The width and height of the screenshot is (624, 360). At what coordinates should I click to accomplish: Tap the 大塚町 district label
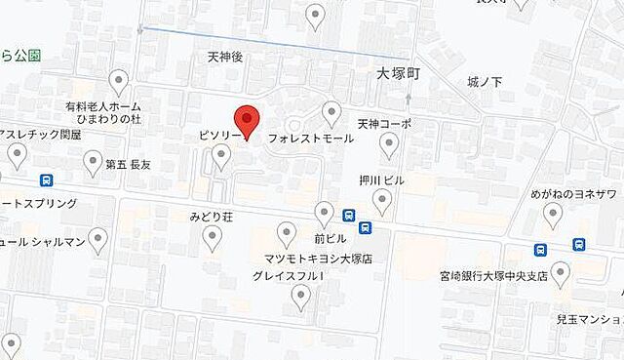click(x=398, y=73)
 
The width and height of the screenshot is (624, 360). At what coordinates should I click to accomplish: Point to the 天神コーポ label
click(x=384, y=124)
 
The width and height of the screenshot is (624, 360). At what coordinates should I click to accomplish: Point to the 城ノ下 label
click(x=486, y=81)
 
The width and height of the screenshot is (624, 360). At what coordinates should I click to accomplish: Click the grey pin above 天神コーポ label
click(x=389, y=145)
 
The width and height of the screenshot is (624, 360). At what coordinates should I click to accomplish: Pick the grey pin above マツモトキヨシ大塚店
click(x=287, y=232)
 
